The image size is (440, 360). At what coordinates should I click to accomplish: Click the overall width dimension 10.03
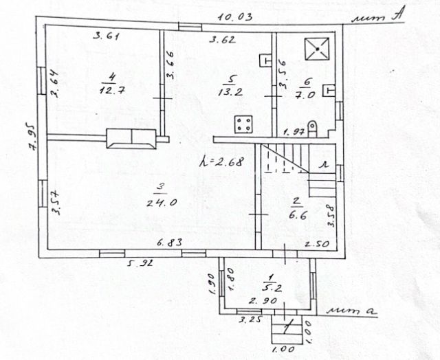(230, 16)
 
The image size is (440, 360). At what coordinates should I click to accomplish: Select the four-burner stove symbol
(242, 124)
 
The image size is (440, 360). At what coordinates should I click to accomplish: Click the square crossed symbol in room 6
(316, 49)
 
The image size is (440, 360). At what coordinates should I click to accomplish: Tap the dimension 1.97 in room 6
(294, 131)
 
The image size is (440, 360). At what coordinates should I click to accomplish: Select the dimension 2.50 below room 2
(316, 244)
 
